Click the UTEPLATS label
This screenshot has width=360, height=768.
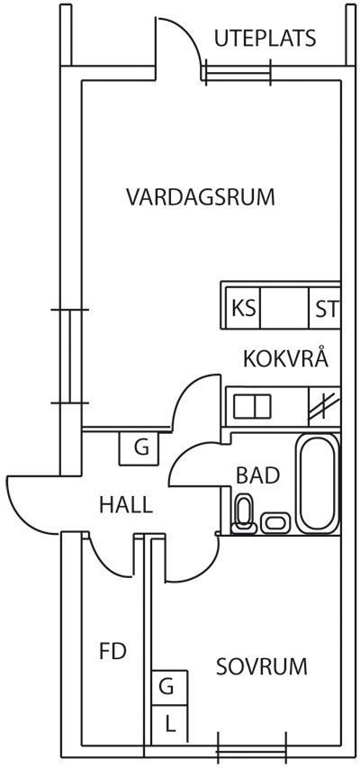click(265, 39)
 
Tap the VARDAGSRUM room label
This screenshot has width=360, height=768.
click(201, 197)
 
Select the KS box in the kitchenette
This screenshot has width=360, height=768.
click(243, 309)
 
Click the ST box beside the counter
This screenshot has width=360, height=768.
click(325, 309)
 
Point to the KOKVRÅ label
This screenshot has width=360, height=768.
click(285, 358)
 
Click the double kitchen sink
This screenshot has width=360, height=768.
click(252, 407)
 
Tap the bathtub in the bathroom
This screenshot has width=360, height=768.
click(318, 483)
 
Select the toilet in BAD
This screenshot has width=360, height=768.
click(244, 514)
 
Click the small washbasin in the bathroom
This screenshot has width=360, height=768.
click(277, 522)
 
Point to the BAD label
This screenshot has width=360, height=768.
click(257, 475)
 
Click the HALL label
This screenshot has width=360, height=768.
click(126, 504)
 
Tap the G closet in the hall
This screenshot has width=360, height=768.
click(139, 448)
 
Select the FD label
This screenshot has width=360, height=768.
click(113, 652)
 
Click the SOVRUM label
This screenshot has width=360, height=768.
click(262, 666)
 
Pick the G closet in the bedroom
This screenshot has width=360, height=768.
click(169, 688)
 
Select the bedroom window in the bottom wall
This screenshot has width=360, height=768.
click(251, 750)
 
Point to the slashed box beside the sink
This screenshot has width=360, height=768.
click(324, 406)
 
